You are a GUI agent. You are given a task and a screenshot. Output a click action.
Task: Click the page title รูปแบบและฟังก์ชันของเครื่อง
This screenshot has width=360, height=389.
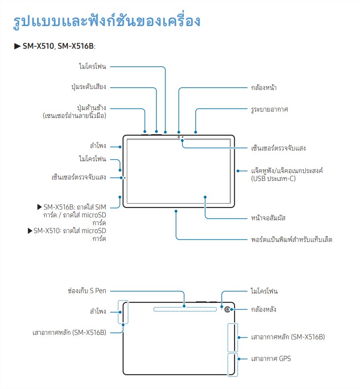[x=107, y=21]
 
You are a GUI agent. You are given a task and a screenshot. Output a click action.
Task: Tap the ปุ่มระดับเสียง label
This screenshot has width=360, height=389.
[x=89, y=87]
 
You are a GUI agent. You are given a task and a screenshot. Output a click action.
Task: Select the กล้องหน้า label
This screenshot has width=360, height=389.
[x=264, y=88]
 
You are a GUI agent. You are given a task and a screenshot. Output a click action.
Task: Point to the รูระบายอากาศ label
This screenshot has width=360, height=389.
[x=270, y=109]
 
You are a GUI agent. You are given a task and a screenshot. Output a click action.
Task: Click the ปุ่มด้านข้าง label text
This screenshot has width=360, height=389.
[x=91, y=108]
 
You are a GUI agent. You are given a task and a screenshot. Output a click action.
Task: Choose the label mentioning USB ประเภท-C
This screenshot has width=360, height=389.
[x=287, y=175]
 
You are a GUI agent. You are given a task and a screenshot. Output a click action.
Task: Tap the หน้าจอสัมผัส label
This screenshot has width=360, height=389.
[x=268, y=218]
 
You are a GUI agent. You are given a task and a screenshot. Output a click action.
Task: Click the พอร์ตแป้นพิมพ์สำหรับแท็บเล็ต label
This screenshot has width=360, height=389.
[x=292, y=239]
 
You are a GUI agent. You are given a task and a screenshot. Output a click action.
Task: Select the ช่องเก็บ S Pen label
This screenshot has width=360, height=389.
[x=87, y=291]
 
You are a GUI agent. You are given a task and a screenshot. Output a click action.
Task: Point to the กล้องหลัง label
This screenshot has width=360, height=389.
[x=264, y=309]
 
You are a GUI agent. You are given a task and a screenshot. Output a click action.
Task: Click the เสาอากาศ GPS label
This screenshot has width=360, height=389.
[x=271, y=359]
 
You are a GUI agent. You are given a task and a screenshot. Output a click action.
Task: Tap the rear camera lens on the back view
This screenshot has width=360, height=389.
[x=227, y=309]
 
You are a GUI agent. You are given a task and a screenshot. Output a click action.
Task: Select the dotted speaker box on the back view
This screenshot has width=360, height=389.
[x=119, y=312]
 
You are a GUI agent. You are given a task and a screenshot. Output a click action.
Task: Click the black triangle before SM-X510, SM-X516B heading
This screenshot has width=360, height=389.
[x=17, y=46]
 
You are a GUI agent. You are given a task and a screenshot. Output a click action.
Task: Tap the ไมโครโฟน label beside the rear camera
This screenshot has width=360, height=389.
[x=264, y=291]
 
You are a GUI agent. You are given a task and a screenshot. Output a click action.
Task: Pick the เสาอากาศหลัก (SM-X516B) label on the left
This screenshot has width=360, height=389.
[x=69, y=332]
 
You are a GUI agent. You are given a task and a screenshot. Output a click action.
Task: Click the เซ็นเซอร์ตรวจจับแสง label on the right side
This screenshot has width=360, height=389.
[x=278, y=148]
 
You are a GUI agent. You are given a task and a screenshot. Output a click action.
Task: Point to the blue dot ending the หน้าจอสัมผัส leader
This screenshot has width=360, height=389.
[x=205, y=197]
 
